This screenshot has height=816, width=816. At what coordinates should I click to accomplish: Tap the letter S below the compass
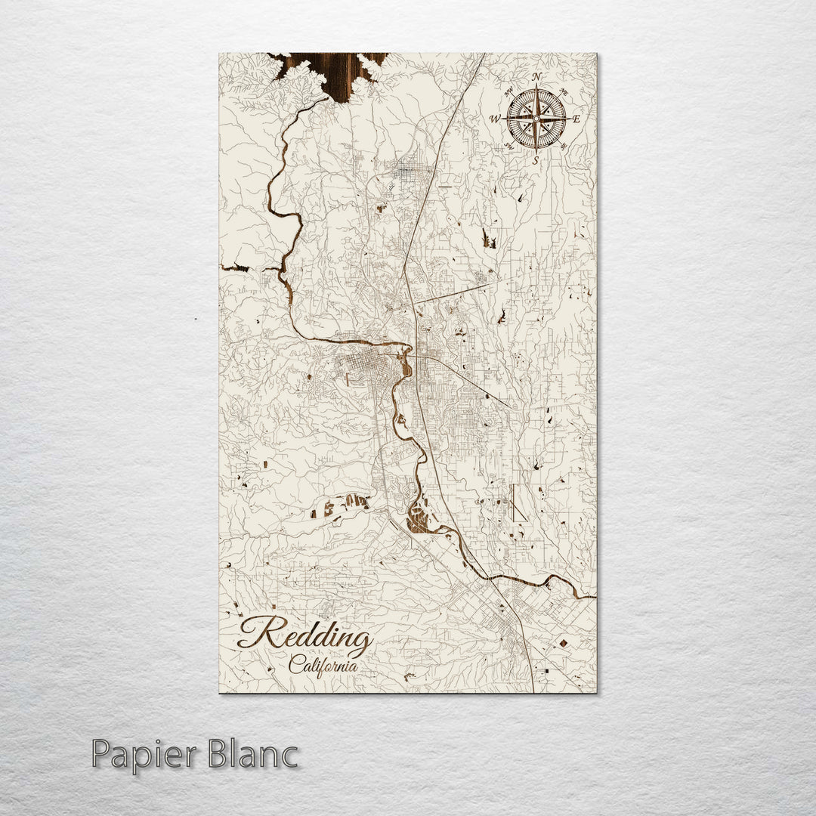pos(535,159)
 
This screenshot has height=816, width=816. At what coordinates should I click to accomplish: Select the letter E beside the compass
pos(576,119)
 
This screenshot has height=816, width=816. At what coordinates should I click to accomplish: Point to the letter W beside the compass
pos(496,119)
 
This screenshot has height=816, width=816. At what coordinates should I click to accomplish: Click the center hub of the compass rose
pos(536,119)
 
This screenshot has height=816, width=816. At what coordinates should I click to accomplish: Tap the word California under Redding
pos(322,666)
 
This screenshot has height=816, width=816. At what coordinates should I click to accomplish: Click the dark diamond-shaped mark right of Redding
pos(563,643)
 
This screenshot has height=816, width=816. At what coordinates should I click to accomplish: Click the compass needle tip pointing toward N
pos(536,91)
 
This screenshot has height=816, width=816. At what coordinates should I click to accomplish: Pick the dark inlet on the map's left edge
pos(234,267)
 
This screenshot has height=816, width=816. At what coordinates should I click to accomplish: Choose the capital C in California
pos(294,665)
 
